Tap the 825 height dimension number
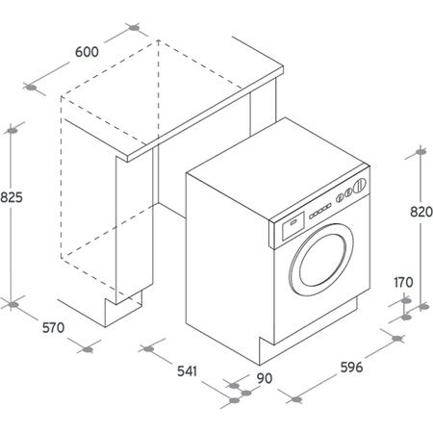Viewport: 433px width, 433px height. pos(12,198)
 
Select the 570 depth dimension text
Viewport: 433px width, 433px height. pos(53,328)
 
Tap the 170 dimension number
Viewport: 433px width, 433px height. pos(403,282)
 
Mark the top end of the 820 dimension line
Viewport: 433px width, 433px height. pos(420,153)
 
